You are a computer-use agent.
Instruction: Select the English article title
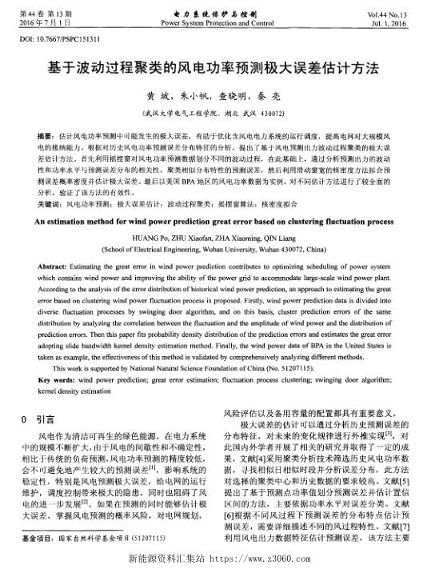(219, 217)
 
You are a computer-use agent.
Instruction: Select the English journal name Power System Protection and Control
(219, 23)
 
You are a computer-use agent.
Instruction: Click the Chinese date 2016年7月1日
(50, 24)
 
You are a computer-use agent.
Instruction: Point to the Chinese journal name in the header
(219, 14)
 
